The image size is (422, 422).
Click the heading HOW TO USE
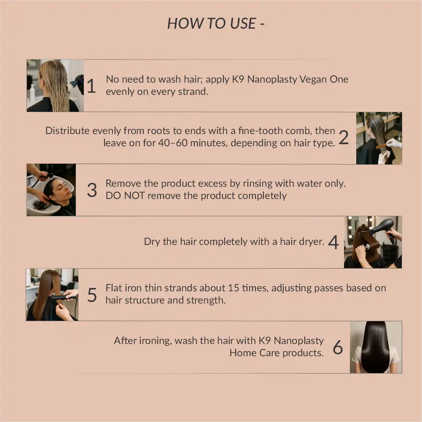pos(215,23)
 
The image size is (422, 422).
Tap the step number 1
pos(91,86)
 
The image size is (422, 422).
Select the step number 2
pos(344,138)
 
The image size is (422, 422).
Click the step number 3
pos(92,190)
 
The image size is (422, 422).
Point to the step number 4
pos(333,242)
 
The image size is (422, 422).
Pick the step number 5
pos(92,295)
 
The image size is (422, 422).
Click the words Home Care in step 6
pos(255,353)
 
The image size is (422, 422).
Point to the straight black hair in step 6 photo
pos(375,346)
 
